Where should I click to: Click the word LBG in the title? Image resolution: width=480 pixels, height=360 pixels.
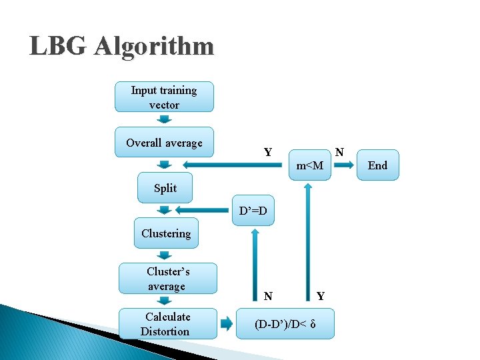point(59,47)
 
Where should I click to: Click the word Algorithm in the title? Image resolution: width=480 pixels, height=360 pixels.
point(154,47)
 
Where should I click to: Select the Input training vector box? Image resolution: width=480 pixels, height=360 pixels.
point(164,97)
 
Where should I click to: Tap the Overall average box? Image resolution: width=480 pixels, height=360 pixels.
point(164,143)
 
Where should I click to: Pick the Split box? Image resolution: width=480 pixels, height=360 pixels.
point(165,188)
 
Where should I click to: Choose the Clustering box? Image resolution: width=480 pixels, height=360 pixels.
point(166,233)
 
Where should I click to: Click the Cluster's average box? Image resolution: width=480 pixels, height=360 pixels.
point(167,279)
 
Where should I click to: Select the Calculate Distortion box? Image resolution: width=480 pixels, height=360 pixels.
point(167,324)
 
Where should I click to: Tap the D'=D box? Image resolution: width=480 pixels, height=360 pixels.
point(253,211)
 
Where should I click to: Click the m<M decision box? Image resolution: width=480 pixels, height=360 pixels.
point(309,165)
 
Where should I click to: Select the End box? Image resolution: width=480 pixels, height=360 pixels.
point(377,165)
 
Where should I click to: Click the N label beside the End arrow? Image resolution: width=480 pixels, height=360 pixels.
point(339,153)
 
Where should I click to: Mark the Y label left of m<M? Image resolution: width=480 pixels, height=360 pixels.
point(267,153)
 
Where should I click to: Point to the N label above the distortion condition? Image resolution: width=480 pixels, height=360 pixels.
point(267,296)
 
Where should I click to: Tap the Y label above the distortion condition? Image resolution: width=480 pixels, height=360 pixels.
point(321,296)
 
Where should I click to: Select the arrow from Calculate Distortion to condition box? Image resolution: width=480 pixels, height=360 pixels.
point(226,324)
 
